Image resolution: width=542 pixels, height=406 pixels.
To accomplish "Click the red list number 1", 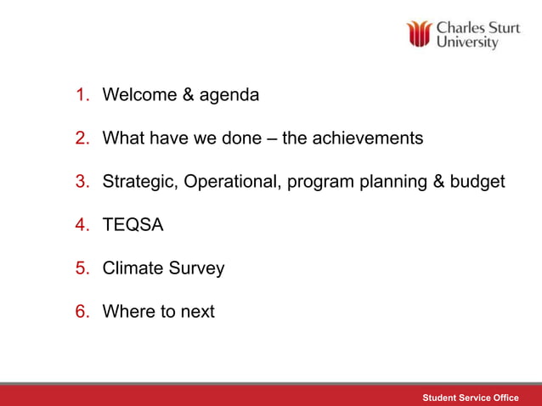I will pos(82,95).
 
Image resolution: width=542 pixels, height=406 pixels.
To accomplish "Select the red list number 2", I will pos(82,138).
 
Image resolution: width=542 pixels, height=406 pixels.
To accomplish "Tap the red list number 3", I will pos(82,182).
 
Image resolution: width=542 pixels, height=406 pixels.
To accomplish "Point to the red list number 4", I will pos(82,225).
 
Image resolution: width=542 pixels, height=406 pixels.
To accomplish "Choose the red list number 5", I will pos(82,268).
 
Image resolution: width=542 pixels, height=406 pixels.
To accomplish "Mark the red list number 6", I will pos(82,312).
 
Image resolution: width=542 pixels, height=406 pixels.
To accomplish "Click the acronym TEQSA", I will pos(133,225).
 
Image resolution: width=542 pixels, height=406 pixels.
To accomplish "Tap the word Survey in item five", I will pos(196,269).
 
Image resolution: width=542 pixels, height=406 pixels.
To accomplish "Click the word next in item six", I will pos(196,312).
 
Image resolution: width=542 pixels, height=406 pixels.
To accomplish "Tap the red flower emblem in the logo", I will pos(419,34).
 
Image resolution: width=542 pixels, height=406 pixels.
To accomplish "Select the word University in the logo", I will pos(466,42).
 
